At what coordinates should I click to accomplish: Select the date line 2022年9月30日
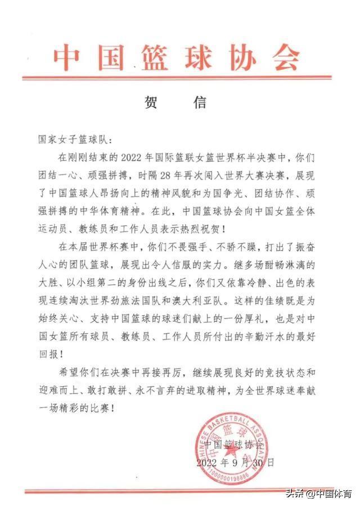point(236,462)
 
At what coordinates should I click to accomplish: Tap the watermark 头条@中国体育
point(318,495)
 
